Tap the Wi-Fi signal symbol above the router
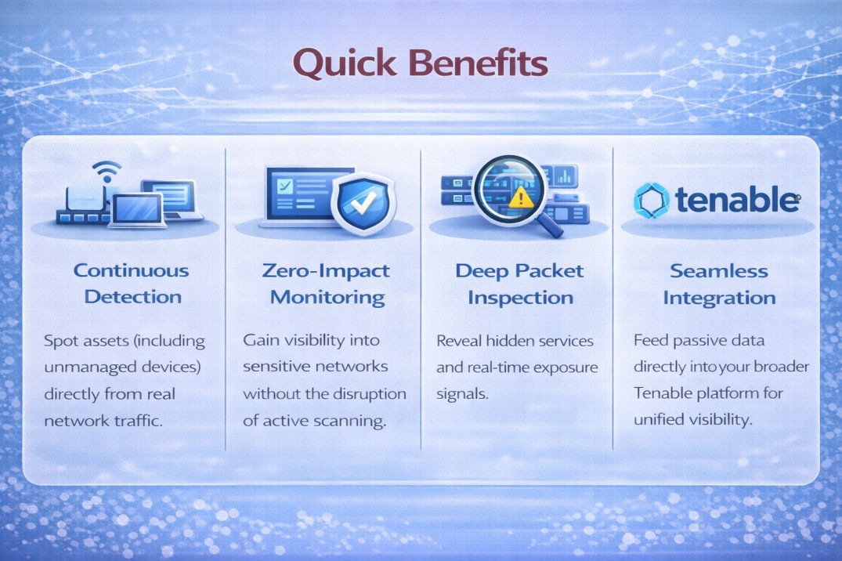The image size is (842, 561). pos(107,170)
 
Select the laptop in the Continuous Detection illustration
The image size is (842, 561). pos(137,211)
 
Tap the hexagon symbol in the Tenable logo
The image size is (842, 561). pos(651,201)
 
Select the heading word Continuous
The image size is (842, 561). pos(131,271)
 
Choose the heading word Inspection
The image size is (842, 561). pos(519,298)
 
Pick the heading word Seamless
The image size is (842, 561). pos(719,271)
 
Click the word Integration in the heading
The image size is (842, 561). pos(719,298)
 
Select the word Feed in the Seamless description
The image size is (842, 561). pos(650,342)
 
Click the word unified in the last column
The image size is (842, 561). pos(659,420)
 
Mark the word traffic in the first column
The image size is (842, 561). pos(136,420)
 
